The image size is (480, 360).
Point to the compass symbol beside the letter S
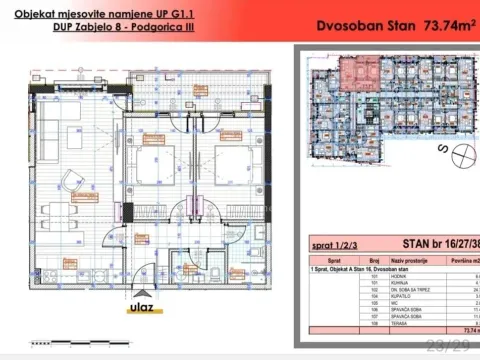(x=463, y=155)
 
